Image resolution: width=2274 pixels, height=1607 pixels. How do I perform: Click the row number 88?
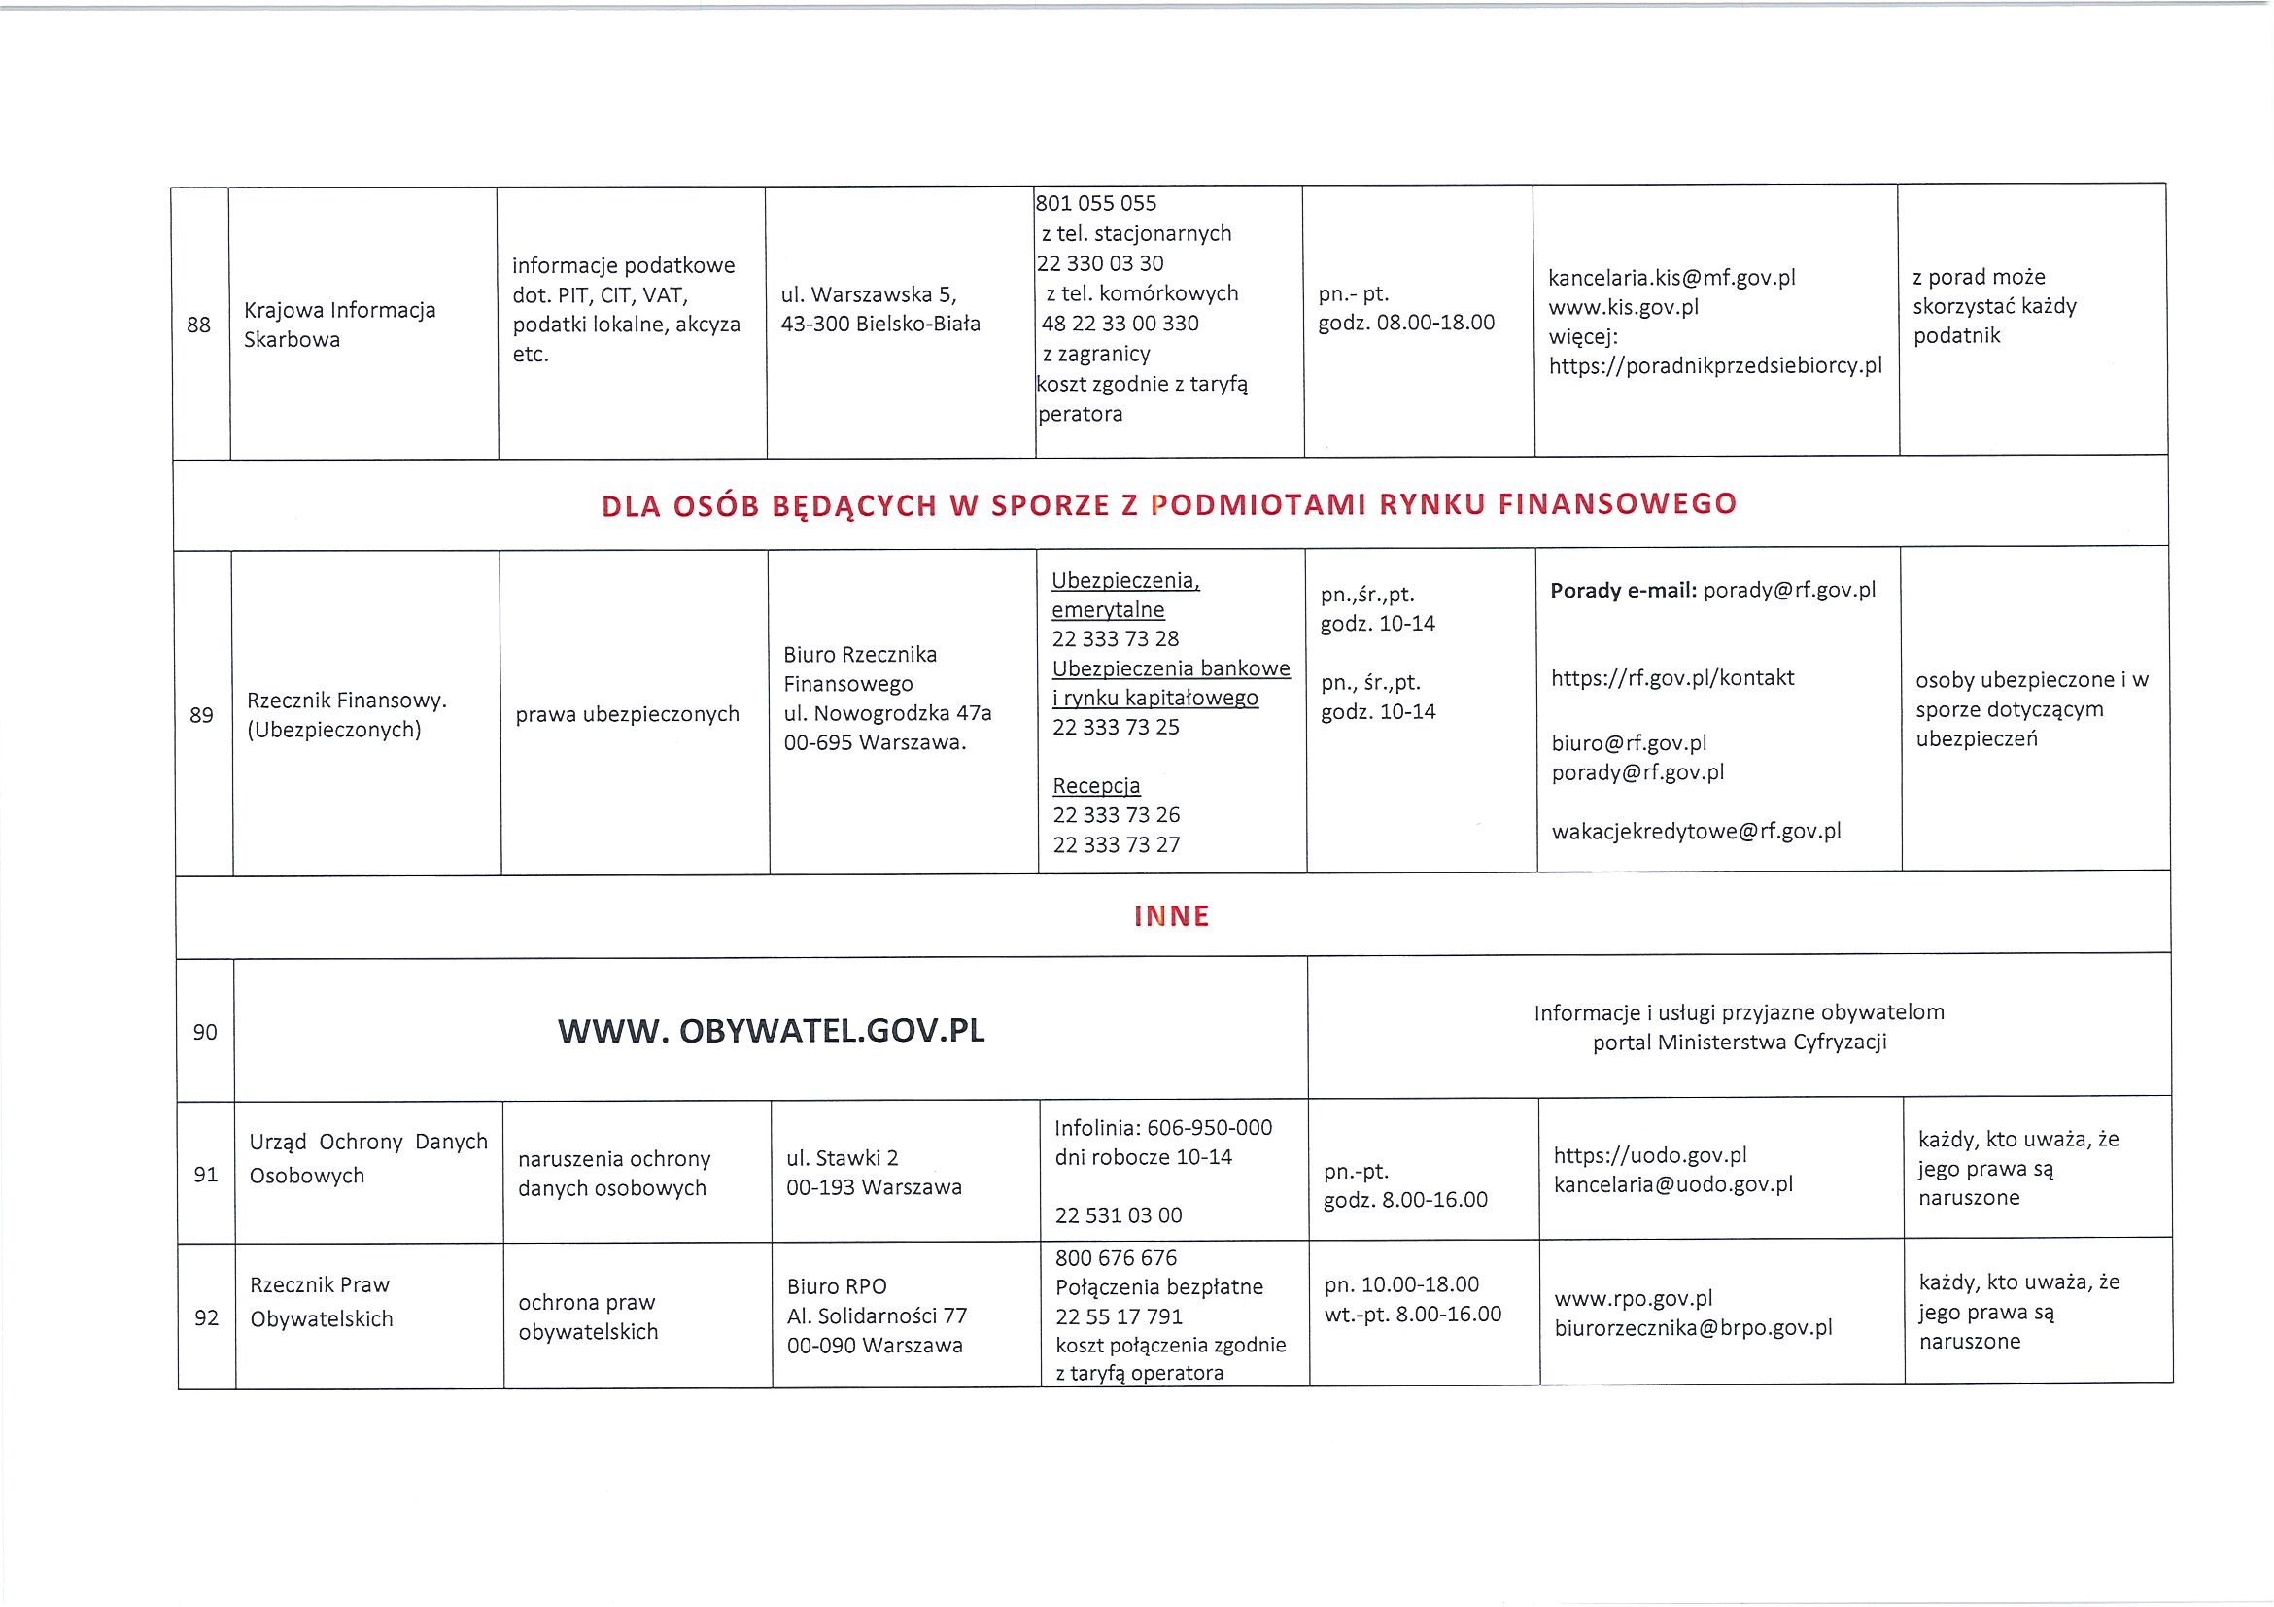click(198, 325)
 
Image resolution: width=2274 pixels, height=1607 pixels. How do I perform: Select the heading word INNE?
click(1172, 916)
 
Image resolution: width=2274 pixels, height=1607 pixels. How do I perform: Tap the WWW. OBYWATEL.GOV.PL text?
click(772, 1031)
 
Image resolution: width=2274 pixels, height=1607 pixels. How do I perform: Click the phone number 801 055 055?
click(1096, 203)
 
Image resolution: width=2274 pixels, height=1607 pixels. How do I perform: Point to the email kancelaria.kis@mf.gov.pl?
click(1671, 277)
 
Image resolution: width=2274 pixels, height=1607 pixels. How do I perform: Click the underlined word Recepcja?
click(1096, 785)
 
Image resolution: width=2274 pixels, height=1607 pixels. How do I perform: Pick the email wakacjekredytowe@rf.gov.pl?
click(1696, 831)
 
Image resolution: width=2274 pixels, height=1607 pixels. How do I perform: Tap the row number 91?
click(206, 1175)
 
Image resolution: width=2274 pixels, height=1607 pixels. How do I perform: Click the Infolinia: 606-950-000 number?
click(1164, 1127)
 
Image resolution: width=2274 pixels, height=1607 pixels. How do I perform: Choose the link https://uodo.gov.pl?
click(1650, 1154)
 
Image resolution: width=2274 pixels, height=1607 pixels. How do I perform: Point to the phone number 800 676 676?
click(1117, 1257)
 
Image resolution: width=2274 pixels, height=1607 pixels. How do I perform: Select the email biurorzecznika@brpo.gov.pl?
click(1694, 1328)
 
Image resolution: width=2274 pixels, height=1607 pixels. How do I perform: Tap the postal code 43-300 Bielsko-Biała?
click(880, 323)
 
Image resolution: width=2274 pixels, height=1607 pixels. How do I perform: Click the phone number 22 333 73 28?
click(1117, 638)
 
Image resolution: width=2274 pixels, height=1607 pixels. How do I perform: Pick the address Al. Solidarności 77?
click(877, 1315)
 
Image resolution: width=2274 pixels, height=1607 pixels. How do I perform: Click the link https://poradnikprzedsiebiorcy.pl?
click(1715, 365)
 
